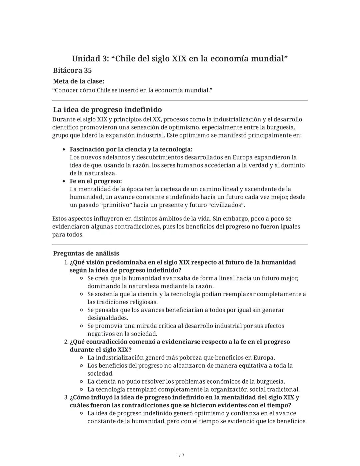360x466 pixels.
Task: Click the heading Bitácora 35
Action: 72,70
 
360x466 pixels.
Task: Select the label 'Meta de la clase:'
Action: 79,81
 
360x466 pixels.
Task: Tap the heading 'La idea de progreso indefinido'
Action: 107,109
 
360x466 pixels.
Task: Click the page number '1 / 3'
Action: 180,455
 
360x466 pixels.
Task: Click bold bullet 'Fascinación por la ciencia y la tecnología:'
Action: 131,149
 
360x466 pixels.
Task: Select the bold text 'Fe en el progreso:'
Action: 96,181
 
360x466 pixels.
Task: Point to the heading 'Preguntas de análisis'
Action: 86,253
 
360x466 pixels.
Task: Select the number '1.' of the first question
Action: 66,263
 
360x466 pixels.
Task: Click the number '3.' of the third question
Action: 66,398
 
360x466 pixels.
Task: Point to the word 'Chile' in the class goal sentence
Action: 103,90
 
